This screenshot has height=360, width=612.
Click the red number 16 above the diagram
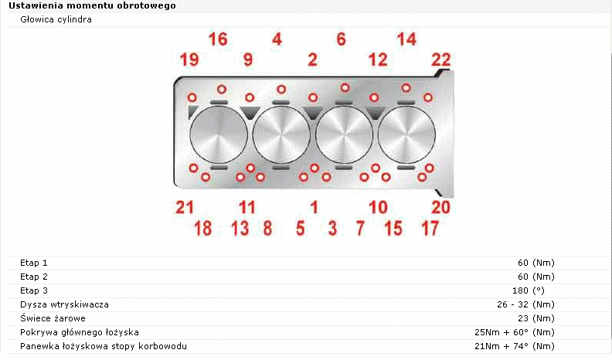pyautogui.click(x=218, y=39)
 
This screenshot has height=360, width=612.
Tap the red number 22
pyautogui.click(x=441, y=59)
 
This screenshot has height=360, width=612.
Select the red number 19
pyautogui.click(x=189, y=59)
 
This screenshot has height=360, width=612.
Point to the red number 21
pyautogui.click(x=185, y=207)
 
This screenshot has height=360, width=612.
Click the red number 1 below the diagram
pyautogui.click(x=314, y=207)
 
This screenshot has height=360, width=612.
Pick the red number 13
pyautogui.click(x=240, y=228)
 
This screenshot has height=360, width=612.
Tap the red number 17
pyautogui.click(x=430, y=228)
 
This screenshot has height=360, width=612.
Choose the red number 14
pyautogui.click(x=406, y=39)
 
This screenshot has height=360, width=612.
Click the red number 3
pyautogui.click(x=332, y=228)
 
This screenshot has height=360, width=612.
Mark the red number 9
pyautogui.click(x=248, y=59)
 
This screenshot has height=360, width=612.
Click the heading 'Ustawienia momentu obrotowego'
pyautogui.click(x=92, y=6)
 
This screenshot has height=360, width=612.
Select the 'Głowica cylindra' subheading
pyautogui.click(x=56, y=19)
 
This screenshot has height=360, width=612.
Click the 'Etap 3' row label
pyautogui.click(x=34, y=290)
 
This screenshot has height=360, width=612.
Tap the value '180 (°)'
pyautogui.click(x=529, y=290)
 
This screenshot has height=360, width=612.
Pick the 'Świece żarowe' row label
pyautogui.click(x=53, y=318)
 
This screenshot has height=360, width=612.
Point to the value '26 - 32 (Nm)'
pyautogui.click(x=525, y=304)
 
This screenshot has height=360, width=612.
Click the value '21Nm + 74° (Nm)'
pyautogui.click(x=515, y=346)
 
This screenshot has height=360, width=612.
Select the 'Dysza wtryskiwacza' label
pyautogui.click(x=64, y=304)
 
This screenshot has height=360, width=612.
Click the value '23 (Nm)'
pyautogui.click(x=536, y=318)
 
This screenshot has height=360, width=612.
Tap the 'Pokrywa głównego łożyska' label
pyautogui.click(x=80, y=332)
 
